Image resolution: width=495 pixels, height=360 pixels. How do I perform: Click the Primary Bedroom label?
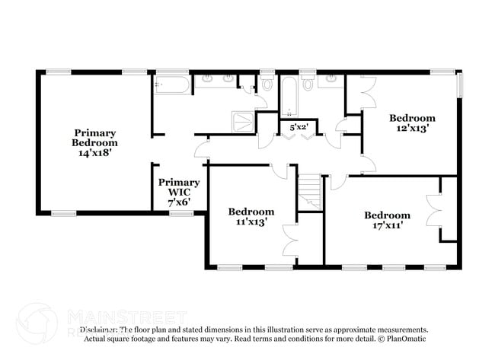95,137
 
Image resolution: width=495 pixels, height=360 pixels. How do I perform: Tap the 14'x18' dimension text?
95,153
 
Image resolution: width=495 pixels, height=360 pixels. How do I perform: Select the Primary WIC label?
179,187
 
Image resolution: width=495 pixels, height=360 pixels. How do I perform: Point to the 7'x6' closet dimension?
179,202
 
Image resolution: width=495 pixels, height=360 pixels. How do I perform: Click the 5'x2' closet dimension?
298,127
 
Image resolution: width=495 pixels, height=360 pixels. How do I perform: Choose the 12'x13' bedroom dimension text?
412,129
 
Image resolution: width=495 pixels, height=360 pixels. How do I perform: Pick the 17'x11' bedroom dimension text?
387,225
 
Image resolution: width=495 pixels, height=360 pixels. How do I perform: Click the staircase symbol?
309,191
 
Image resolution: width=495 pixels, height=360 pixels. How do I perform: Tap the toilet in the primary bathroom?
267,82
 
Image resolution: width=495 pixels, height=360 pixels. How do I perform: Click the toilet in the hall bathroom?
308,83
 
